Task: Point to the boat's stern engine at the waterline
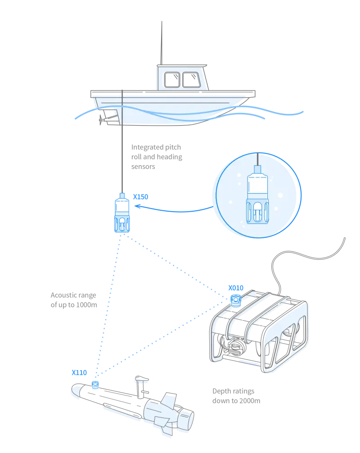(108, 115)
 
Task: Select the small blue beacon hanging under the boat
(121, 216)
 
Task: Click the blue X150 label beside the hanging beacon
(141, 197)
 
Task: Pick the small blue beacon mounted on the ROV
(235, 300)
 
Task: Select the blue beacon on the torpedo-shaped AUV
(95, 384)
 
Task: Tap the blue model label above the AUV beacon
(79, 372)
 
